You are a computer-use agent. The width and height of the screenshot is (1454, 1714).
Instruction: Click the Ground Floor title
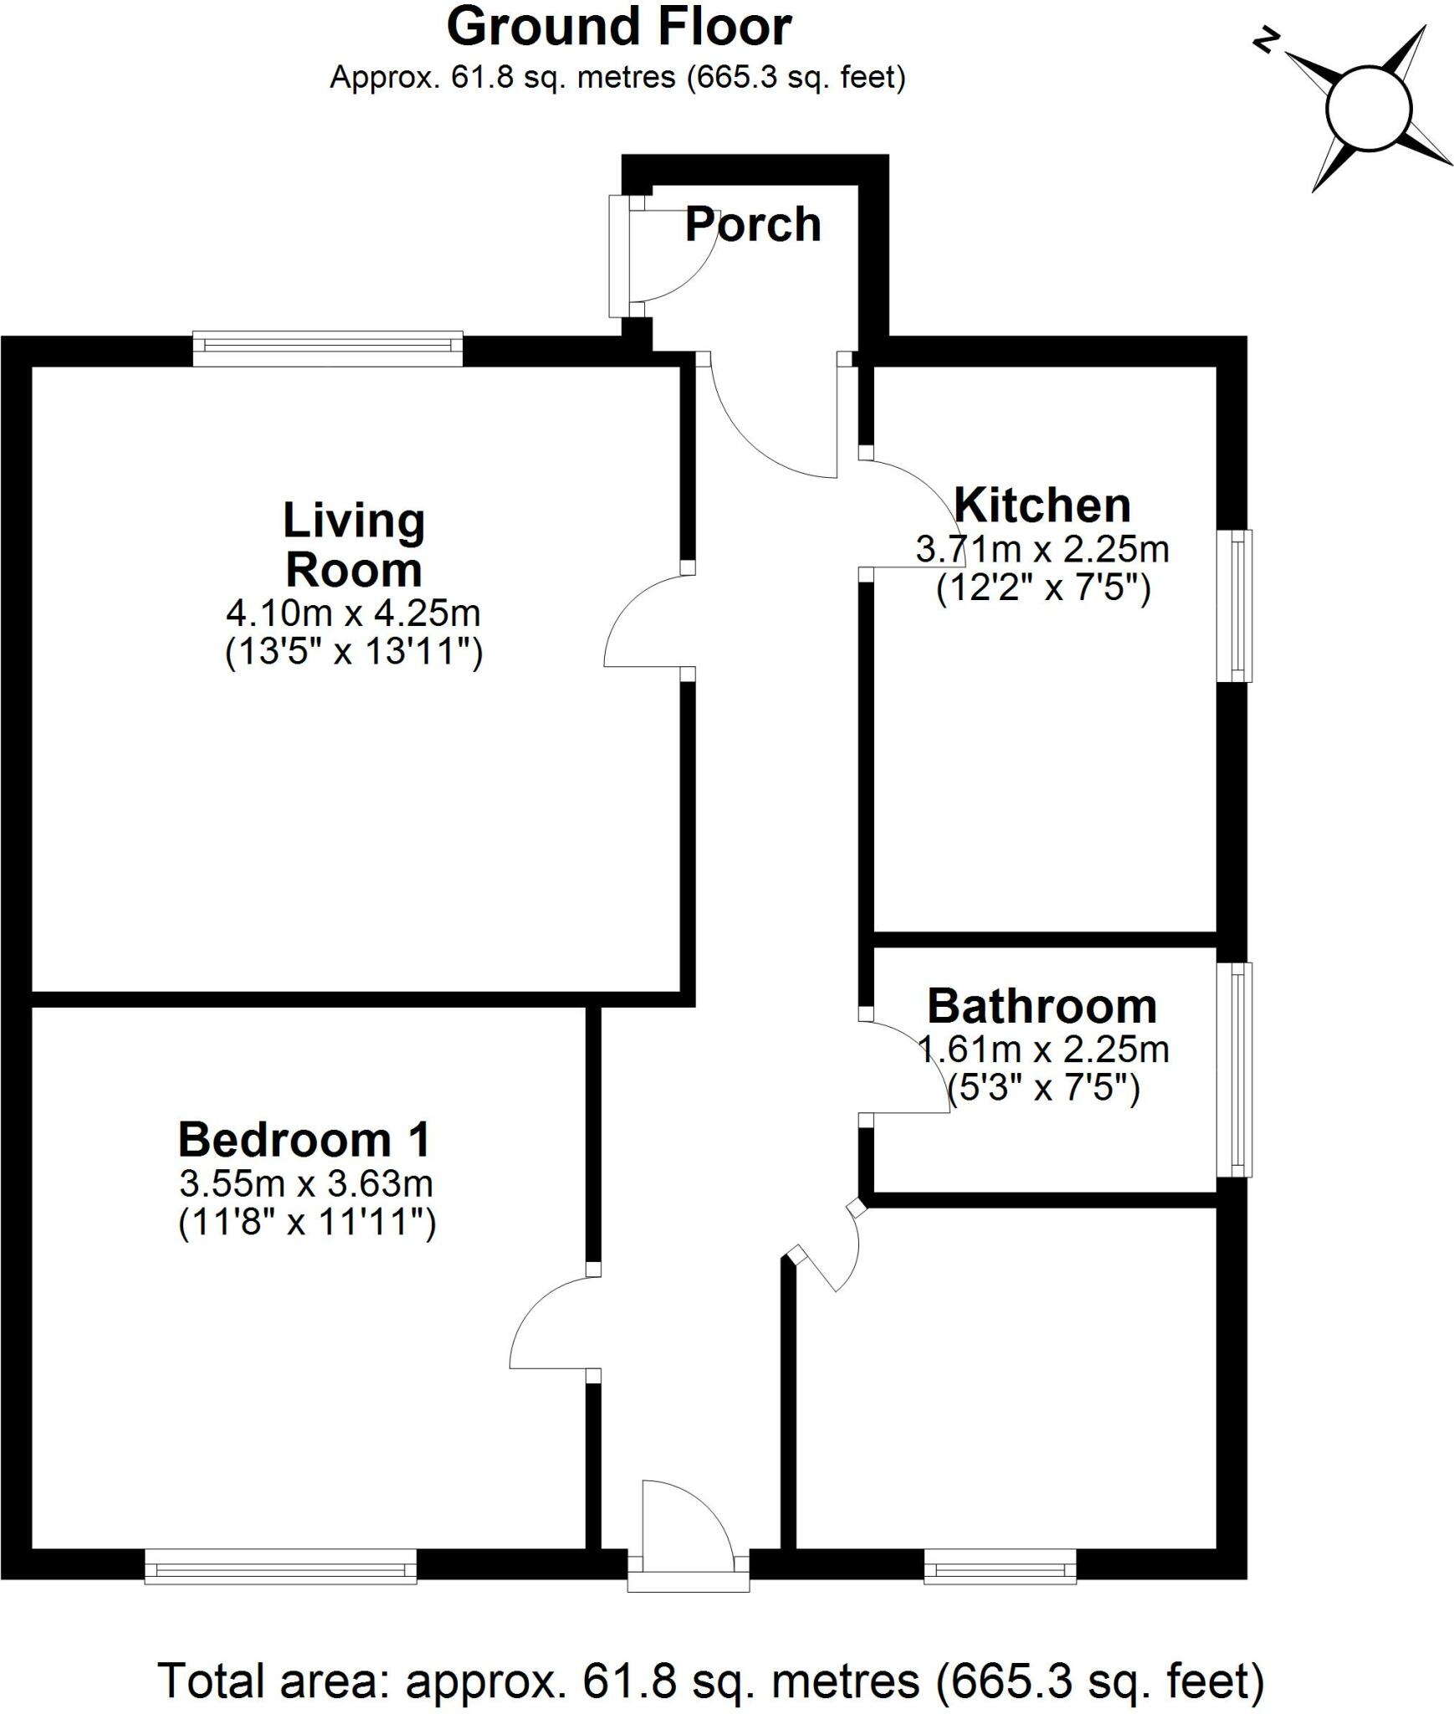(618, 28)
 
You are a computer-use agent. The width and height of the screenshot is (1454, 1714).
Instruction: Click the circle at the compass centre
(1369, 109)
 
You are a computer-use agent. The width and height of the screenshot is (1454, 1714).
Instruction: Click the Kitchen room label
(1042, 505)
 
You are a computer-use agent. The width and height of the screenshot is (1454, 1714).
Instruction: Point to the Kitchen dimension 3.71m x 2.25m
(1042, 550)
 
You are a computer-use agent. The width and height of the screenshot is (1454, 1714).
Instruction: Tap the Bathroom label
(1042, 1006)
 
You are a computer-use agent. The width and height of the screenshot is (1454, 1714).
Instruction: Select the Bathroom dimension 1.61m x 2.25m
(1043, 1049)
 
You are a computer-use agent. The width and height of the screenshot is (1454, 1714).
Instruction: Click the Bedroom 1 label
(305, 1140)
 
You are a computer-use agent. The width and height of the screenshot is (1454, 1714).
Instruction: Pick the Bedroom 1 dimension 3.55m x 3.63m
(306, 1184)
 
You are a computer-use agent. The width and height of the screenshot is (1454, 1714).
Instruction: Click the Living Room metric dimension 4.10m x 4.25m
(353, 613)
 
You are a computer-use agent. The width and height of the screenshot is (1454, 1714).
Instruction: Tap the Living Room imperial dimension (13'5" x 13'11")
(354, 652)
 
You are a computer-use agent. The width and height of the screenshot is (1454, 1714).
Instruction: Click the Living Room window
(327, 349)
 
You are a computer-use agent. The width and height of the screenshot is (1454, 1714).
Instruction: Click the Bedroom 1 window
(280, 1566)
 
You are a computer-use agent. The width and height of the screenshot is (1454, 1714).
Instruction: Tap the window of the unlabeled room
(1000, 1566)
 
